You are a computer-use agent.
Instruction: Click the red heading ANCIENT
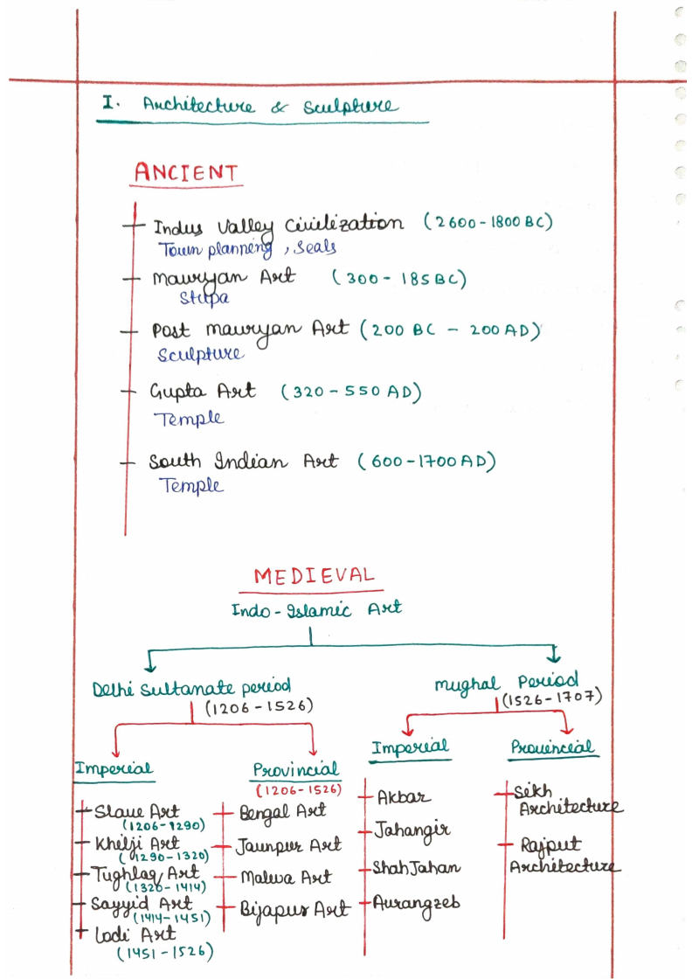pos(185,172)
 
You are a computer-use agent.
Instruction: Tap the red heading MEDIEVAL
pos(314,576)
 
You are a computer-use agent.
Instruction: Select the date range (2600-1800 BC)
pos(488,222)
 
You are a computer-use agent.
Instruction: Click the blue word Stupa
pos(204,299)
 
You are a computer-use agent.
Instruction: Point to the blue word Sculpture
pos(201,354)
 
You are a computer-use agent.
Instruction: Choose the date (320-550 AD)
pos(351,392)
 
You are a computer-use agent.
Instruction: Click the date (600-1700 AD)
pos(432,461)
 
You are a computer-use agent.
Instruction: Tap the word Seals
pos(315,247)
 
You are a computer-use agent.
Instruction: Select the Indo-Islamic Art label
pos(316,608)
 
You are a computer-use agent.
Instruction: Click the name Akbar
pos(404,797)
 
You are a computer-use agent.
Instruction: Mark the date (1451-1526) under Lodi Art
pos(165,952)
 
